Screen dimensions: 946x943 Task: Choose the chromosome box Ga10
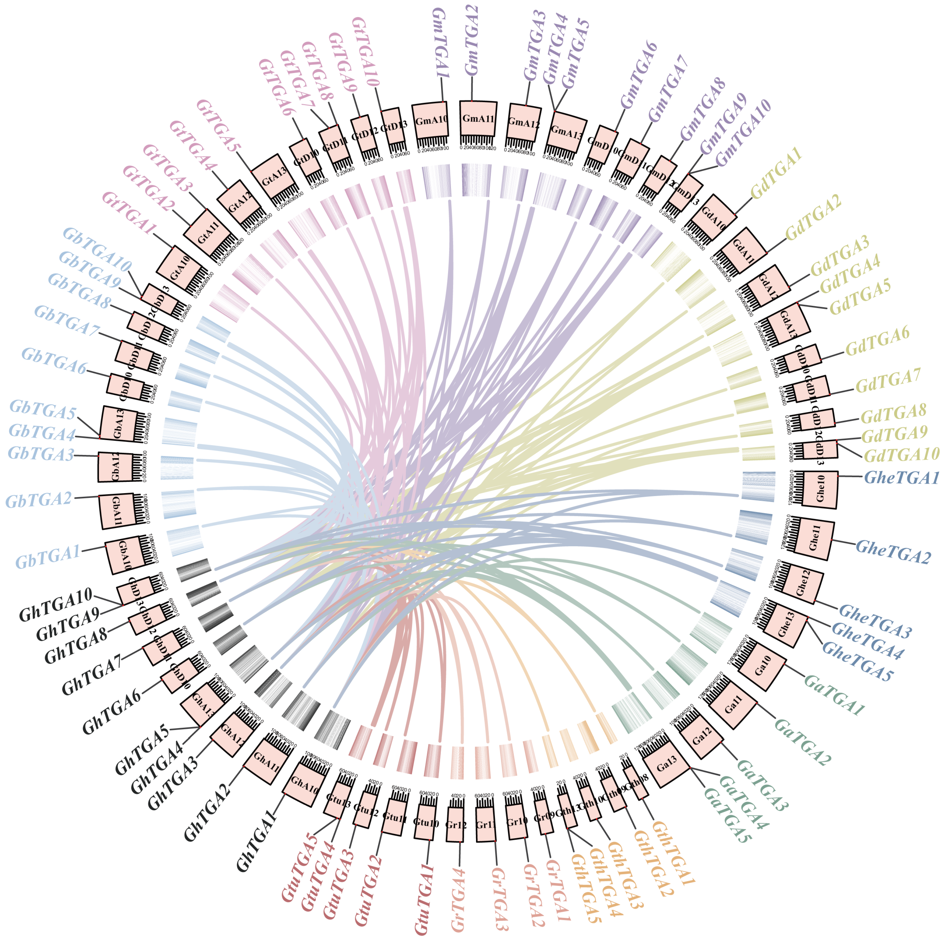click(762, 666)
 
